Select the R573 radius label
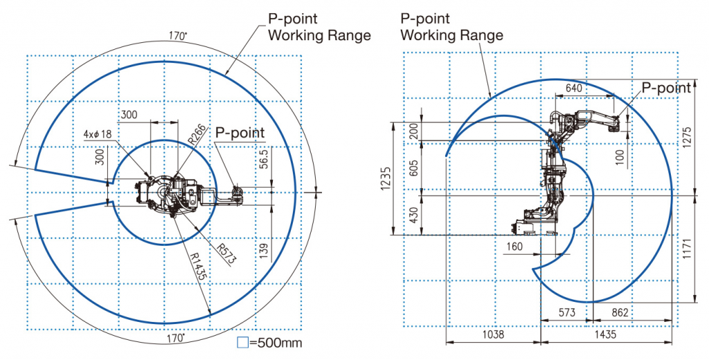[x=226, y=255]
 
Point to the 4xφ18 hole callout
[x=97, y=134]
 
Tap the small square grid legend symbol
[x=242, y=342]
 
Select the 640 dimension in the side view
[x=574, y=88]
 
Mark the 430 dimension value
[x=414, y=216]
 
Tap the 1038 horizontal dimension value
[x=494, y=334]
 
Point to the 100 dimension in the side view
[x=619, y=157]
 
